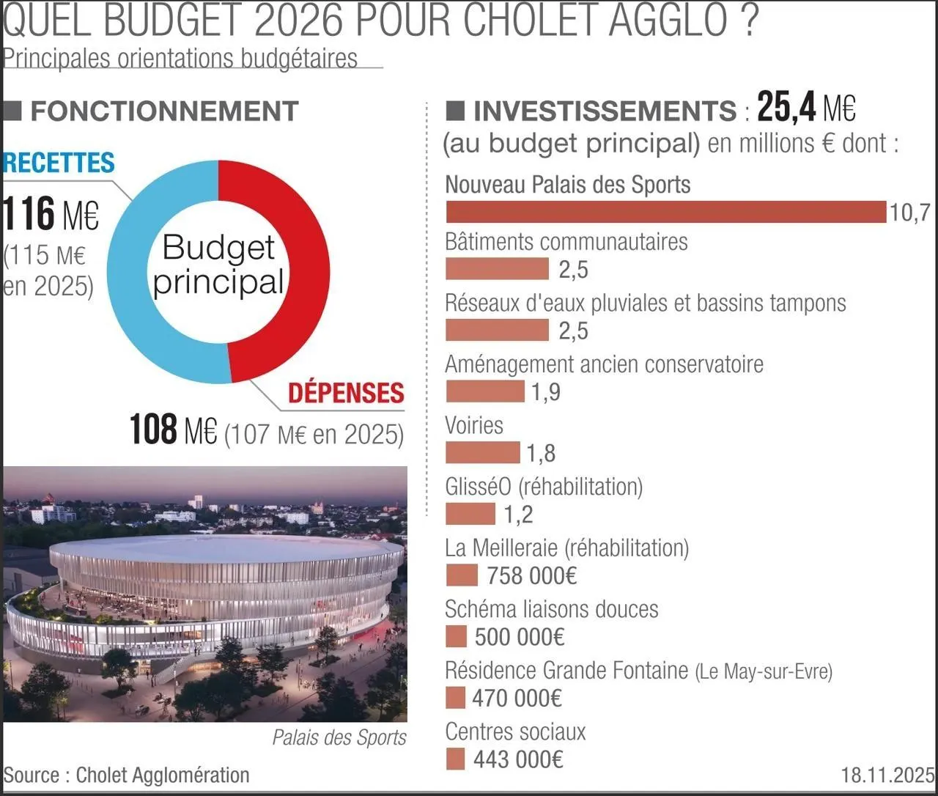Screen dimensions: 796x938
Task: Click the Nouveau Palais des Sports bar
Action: (x=665, y=212)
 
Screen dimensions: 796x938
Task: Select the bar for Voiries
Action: (x=482, y=453)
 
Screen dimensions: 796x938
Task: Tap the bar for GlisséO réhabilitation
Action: (x=470, y=514)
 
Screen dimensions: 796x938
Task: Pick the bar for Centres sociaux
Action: (x=455, y=759)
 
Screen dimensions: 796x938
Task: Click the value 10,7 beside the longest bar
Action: (x=909, y=213)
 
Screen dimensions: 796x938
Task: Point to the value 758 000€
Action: (x=531, y=575)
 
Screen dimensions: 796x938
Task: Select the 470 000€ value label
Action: (x=517, y=698)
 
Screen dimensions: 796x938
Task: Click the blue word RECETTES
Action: (x=59, y=163)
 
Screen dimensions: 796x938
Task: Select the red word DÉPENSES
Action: (x=346, y=393)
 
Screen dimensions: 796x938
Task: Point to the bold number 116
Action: (x=29, y=214)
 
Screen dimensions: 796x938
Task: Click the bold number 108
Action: (x=154, y=430)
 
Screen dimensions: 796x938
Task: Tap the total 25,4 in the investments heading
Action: (x=786, y=108)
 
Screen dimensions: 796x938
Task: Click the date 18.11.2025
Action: (x=887, y=775)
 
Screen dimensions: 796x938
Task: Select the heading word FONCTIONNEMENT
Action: (x=164, y=111)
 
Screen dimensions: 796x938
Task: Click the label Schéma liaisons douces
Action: (x=551, y=609)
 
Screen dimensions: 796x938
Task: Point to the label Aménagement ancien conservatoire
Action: (x=604, y=364)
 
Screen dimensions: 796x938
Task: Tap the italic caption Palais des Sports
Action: (x=339, y=737)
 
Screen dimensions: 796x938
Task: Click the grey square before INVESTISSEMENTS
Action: (x=455, y=111)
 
